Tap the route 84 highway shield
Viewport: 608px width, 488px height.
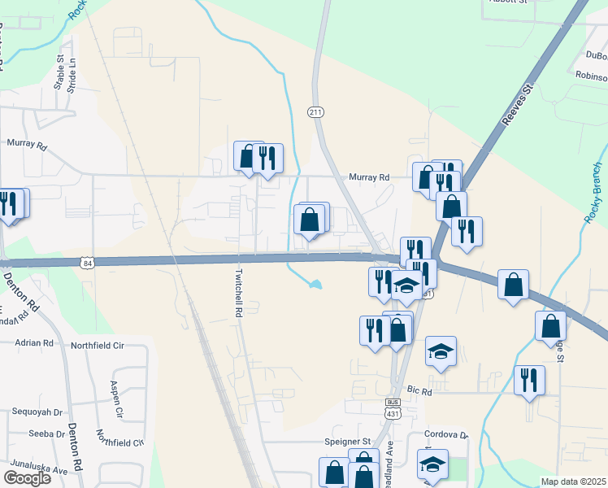[x=88, y=263]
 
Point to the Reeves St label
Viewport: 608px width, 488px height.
[x=516, y=103]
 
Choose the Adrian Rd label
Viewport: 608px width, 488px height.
[x=33, y=342]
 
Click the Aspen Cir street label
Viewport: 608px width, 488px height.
[x=115, y=399]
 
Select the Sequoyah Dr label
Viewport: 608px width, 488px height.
[x=37, y=412]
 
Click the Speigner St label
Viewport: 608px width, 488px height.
[x=347, y=442]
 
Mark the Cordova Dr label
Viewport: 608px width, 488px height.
[x=447, y=435]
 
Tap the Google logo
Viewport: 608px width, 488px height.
[x=27, y=478]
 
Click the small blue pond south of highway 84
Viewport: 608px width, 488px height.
[x=314, y=285]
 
